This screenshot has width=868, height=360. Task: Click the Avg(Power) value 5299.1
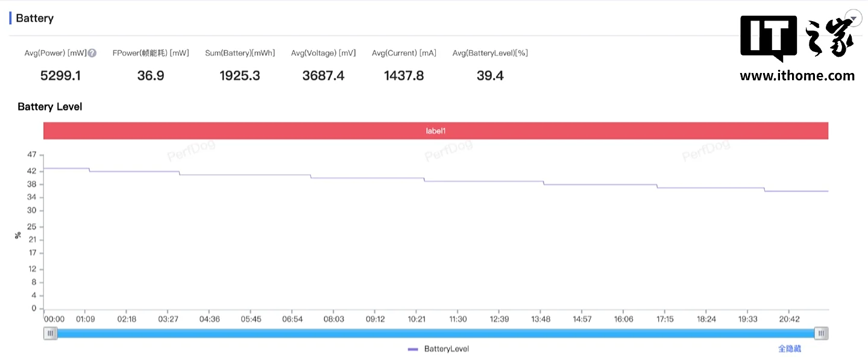(x=60, y=75)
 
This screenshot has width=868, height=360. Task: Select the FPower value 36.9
(x=150, y=75)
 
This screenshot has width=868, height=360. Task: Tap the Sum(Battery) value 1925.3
(x=240, y=75)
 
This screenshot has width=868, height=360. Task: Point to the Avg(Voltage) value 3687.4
(x=323, y=75)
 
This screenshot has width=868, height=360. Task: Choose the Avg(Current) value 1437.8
(x=404, y=75)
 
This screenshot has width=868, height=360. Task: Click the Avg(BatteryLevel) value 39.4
(x=490, y=75)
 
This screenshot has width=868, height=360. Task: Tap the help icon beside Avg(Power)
(x=92, y=53)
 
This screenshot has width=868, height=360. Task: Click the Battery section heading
(x=34, y=18)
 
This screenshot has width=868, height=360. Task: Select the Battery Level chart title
(x=50, y=107)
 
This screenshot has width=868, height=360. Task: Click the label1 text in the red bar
(x=435, y=131)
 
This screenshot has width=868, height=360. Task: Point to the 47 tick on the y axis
(x=32, y=155)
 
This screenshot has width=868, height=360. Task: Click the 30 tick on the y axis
(x=32, y=210)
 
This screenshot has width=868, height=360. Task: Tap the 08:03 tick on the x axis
(x=333, y=319)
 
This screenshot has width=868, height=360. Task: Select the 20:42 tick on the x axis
(x=789, y=319)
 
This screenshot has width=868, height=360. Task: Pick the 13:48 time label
(x=541, y=319)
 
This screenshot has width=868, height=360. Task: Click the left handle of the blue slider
(x=51, y=333)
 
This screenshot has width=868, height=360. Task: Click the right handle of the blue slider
(x=821, y=333)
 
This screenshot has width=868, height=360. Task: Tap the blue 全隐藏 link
(x=790, y=349)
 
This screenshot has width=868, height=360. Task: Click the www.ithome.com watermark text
(x=797, y=76)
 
